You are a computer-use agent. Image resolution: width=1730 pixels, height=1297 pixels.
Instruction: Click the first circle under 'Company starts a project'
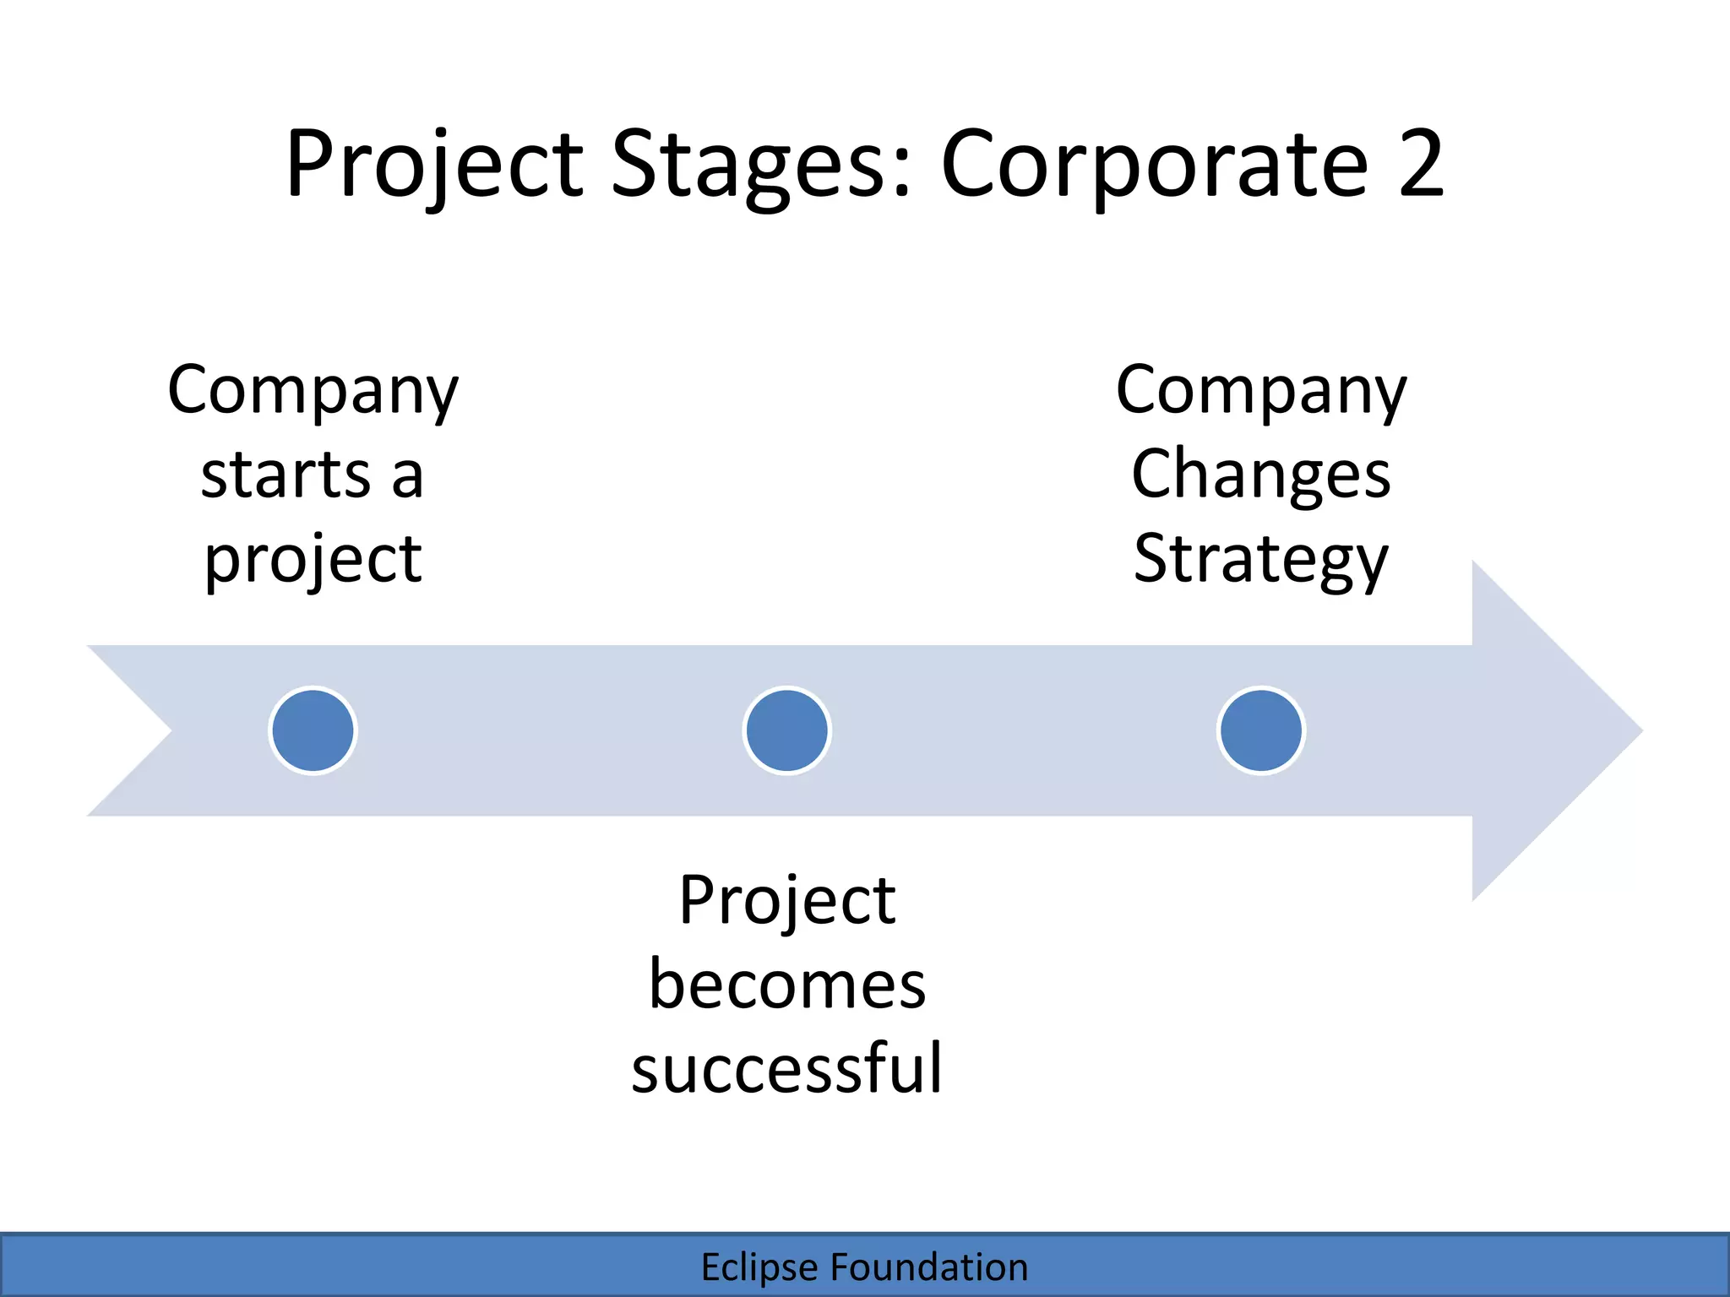click(313, 730)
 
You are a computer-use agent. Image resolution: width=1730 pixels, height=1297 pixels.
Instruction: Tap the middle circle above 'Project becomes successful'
click(786, 730)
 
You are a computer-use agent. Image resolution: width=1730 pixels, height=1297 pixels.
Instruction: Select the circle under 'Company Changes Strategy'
click(1261, 730)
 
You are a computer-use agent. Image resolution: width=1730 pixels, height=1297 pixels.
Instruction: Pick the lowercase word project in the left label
click(313, 560)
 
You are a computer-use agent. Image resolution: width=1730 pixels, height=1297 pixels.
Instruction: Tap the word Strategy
click(1260, 560)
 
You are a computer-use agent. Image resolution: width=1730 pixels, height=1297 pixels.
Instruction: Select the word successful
click(786, 1069)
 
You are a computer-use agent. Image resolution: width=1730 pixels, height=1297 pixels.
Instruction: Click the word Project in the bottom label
click(786, 901)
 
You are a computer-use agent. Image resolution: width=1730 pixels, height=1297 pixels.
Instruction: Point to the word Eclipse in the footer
click(759, 1267)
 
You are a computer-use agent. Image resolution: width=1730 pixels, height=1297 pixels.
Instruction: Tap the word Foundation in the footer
click(928, 1267)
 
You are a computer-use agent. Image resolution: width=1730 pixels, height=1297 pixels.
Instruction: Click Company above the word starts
click(313, 390)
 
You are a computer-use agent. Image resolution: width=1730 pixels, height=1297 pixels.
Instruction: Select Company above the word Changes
click(1260, 390)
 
